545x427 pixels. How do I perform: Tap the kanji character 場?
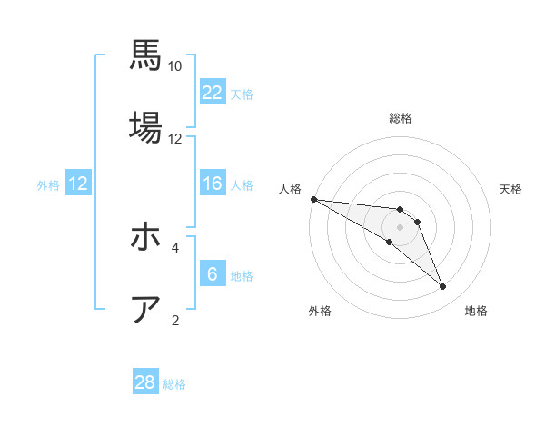point(145,127)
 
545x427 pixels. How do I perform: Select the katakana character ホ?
point(145,238)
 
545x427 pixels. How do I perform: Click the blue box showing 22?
point(213,92)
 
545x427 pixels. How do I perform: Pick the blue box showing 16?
point(213,184)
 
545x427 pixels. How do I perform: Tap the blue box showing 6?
point(213,273)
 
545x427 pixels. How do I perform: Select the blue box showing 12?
point(78,184)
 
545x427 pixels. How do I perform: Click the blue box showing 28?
point(145,382)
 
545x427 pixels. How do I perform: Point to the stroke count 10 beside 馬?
point(175,66)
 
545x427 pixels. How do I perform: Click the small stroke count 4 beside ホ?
point(175,246)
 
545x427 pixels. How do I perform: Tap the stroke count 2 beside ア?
point(175,320)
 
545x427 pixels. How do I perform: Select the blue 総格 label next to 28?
point(174,384)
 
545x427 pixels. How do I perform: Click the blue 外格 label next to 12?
point(48,184)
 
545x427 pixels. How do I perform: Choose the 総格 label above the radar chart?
point(400,118)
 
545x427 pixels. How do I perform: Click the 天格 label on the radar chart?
point(511,189)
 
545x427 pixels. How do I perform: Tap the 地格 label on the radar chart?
point(476,311)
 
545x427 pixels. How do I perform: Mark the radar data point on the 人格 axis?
point(313,199)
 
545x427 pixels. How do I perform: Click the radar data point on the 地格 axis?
point(442,287)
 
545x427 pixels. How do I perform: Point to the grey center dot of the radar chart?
point(400,227)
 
